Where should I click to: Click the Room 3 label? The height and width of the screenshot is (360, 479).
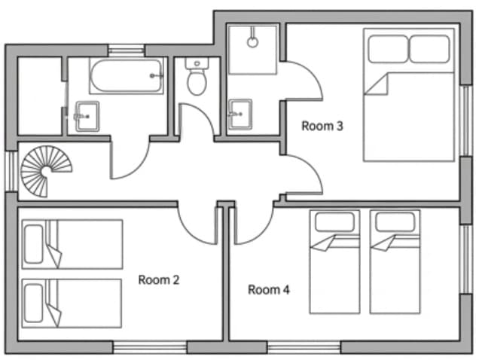pyautogui.click(x=322, y=126)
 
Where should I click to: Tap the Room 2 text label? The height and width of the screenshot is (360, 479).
pyautogui.click(x=159, y=279)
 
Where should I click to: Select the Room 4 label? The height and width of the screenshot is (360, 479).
pyautogui.click(x=269, y=290)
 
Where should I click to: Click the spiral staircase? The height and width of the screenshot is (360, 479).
pyautogui.click(x=46, y=171)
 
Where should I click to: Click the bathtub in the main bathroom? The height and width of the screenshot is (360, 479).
pyautogui.click(x=127, y=76)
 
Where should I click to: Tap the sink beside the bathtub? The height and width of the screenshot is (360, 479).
pyautogui.click(x=87, y=117)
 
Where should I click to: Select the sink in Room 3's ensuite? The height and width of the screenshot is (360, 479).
pyautogui.click(x=240, y=114)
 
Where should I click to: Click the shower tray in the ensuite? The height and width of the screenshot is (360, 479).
pyautogui.click(x=252, y=50)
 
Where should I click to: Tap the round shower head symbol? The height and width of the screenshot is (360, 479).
pyautogui.click(x=252, y=42)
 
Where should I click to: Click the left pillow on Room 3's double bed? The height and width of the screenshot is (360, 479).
pyautogui.click(x=388, y=49)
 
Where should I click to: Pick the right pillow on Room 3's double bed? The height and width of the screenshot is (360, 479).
pyautogui.click(x=429, y=49)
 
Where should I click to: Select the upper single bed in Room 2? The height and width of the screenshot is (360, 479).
pyautogui.click(x=72, y=244)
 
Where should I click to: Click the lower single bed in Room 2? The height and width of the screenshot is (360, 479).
pyautogui.click(x=72, y=304)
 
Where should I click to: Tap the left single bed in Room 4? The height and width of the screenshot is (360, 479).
pyautogui.click(x=334, y=261)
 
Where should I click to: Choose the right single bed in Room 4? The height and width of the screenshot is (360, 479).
pyautogui.click(x=395, y=261)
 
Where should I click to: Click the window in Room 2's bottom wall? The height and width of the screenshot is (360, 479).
pyautogui.click(x=150, y=347)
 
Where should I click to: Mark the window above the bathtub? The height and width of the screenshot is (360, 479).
pyautogui.click(x=127, y=50)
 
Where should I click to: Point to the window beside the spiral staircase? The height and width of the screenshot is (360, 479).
pyautogui.click(x=11, y=171)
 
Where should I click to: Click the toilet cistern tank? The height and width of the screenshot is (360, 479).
pyautogui.click(x=197, y=63)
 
